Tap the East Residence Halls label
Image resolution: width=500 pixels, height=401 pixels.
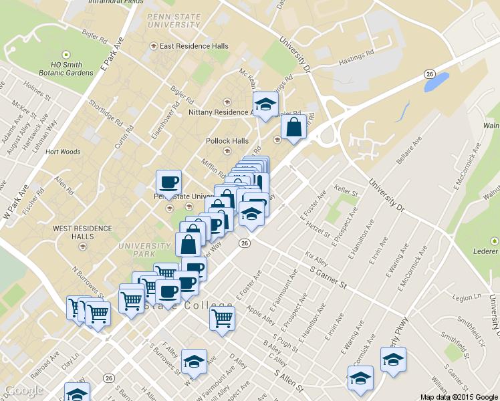[194, 46]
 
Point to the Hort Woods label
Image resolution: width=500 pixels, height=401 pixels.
[63, 152]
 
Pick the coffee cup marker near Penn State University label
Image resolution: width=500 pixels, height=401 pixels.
[168, 182]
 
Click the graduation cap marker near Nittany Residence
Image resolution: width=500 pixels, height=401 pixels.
[265, 104]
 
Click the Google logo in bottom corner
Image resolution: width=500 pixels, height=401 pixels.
[24, 391]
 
